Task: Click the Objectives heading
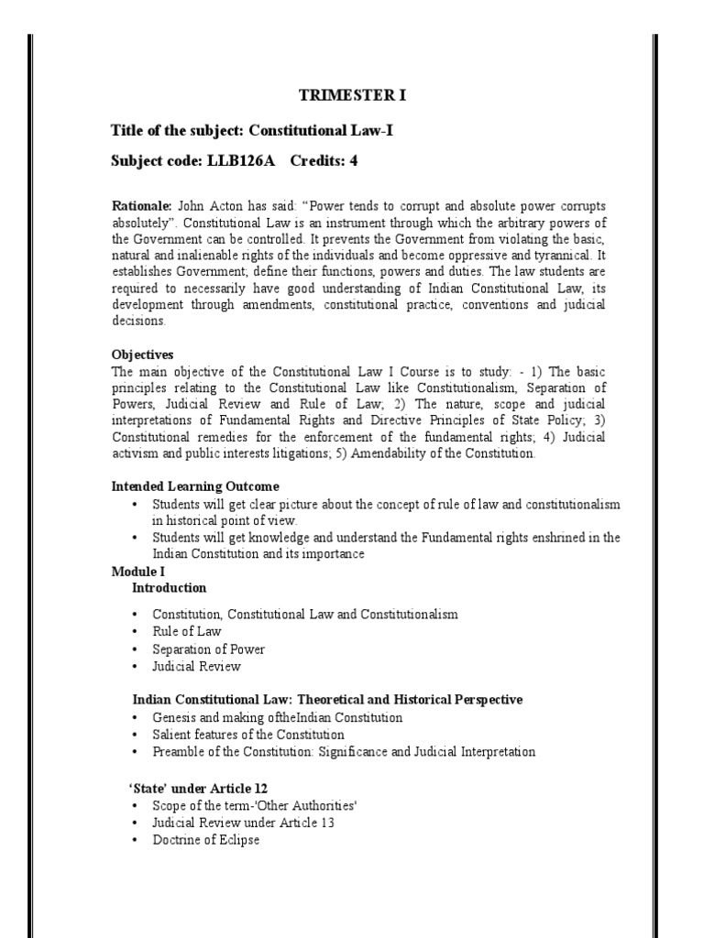(x=142, y=354)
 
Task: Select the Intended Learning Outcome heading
(x=195, y=486)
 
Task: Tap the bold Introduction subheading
(x=169, y=587)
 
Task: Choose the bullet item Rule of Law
(x=186, y=631)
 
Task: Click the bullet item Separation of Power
(x=208, y=649)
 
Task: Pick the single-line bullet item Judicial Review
(x=196, y=666)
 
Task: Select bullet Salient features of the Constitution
(x=247, y=735)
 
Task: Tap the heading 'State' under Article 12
(x=197, y=789)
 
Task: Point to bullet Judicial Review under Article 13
(x=243, y=823)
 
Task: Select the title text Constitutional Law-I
(x=313, y=131)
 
